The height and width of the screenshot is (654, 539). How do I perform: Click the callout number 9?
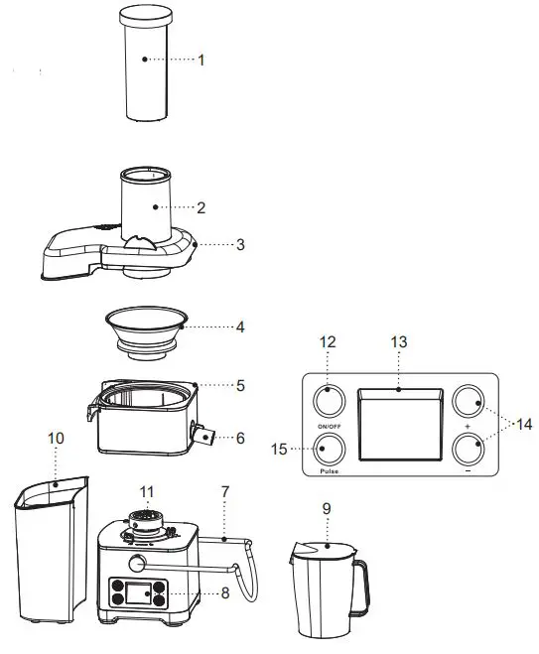327,508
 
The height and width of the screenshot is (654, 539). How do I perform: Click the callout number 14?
522,424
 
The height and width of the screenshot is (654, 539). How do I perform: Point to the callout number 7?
225,491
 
